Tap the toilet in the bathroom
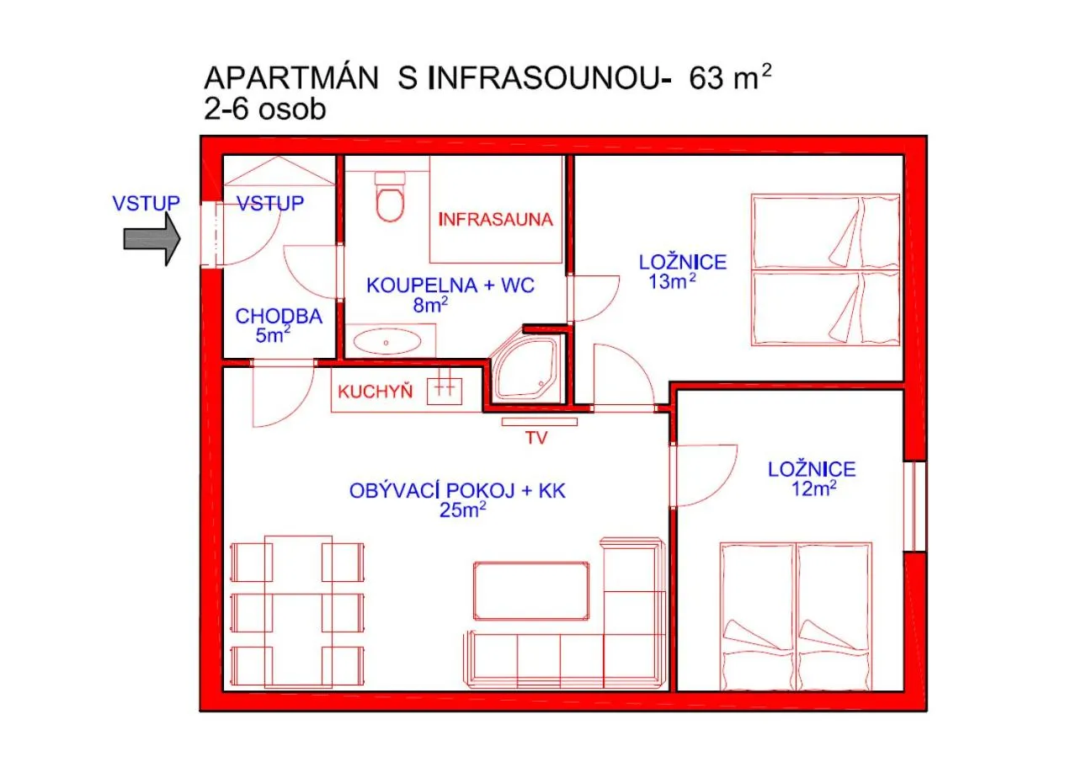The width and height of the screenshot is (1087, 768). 390,199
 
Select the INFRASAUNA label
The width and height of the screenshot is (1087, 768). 495,220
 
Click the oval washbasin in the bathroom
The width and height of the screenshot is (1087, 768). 387,343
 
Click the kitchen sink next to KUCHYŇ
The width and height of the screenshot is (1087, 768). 445,389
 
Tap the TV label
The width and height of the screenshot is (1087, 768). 536,438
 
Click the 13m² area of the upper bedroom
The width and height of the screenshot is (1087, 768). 671,282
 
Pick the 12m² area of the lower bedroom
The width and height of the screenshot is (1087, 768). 813,488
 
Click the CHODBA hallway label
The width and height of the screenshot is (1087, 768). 279,317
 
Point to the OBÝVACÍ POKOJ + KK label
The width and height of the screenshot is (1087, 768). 457,491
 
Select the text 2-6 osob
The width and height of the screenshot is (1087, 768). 264,109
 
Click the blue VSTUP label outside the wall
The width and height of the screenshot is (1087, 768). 146,203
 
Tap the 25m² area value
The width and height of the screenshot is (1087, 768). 462,509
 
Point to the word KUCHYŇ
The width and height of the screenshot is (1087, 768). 375,392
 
